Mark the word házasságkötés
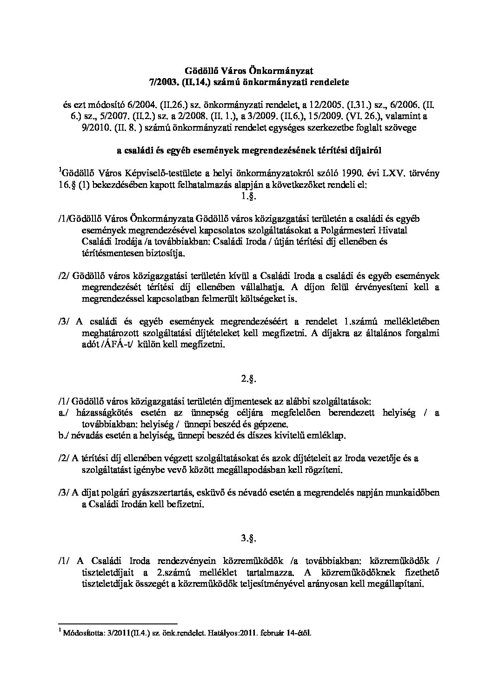click(99, 413)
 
